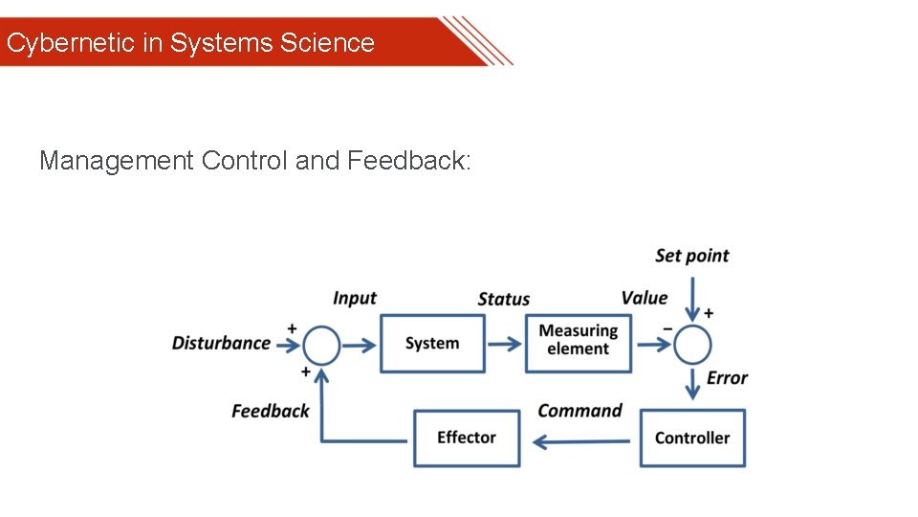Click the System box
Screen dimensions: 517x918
[432, 344]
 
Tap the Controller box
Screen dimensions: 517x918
[691, 438]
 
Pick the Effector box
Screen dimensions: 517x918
[466, 438]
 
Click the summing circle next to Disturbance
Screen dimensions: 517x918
[321, 345]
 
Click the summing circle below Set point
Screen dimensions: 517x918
[692, 345]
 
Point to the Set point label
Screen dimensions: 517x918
[691, 256]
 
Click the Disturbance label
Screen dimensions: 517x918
[221, 343]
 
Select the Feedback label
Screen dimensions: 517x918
[271, 411]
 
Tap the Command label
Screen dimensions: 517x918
[579, 411]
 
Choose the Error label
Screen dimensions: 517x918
[727, 378]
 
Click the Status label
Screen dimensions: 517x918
[503, 299]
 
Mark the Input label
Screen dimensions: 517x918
[355, 298]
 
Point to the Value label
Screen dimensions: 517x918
[644, 298]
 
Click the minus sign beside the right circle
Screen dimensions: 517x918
[667, 330]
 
